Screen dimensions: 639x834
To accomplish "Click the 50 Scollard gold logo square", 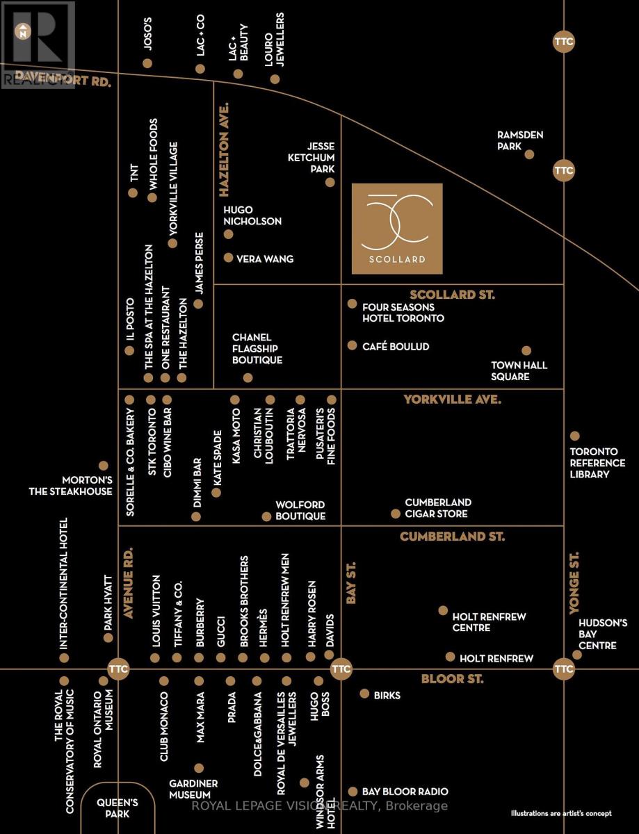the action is point(397,229).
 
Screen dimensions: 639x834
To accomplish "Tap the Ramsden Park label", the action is point(520,140).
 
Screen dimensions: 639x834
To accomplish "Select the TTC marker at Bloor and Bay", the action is point(341,669).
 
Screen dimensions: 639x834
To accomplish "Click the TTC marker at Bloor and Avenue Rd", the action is point(118,669).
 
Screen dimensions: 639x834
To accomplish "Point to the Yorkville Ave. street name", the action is point(453,400).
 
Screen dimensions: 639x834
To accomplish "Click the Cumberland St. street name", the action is point(452,536).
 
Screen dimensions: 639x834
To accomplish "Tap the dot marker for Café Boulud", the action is point(352,345).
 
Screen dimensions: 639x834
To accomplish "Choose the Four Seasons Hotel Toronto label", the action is point(403,313).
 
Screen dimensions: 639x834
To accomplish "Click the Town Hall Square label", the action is point(519,370).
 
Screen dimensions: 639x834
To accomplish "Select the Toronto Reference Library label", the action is point(597,463).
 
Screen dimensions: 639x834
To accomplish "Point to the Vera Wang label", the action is point(265,259).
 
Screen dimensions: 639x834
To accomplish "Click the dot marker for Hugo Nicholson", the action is point(228,234).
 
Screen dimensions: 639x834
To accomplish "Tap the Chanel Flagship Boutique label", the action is point(257,348).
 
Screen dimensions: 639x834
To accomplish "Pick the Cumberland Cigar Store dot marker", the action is point(396,514).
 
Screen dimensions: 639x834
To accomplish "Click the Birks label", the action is point(387,696).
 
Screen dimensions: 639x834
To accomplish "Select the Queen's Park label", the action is point(117,808).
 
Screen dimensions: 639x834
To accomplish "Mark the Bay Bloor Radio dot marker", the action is point(353,791).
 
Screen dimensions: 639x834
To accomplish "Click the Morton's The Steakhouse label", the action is point(71,486).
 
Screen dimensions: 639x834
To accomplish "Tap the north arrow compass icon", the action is point(24,31).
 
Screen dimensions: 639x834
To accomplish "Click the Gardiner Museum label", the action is point(193,789).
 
